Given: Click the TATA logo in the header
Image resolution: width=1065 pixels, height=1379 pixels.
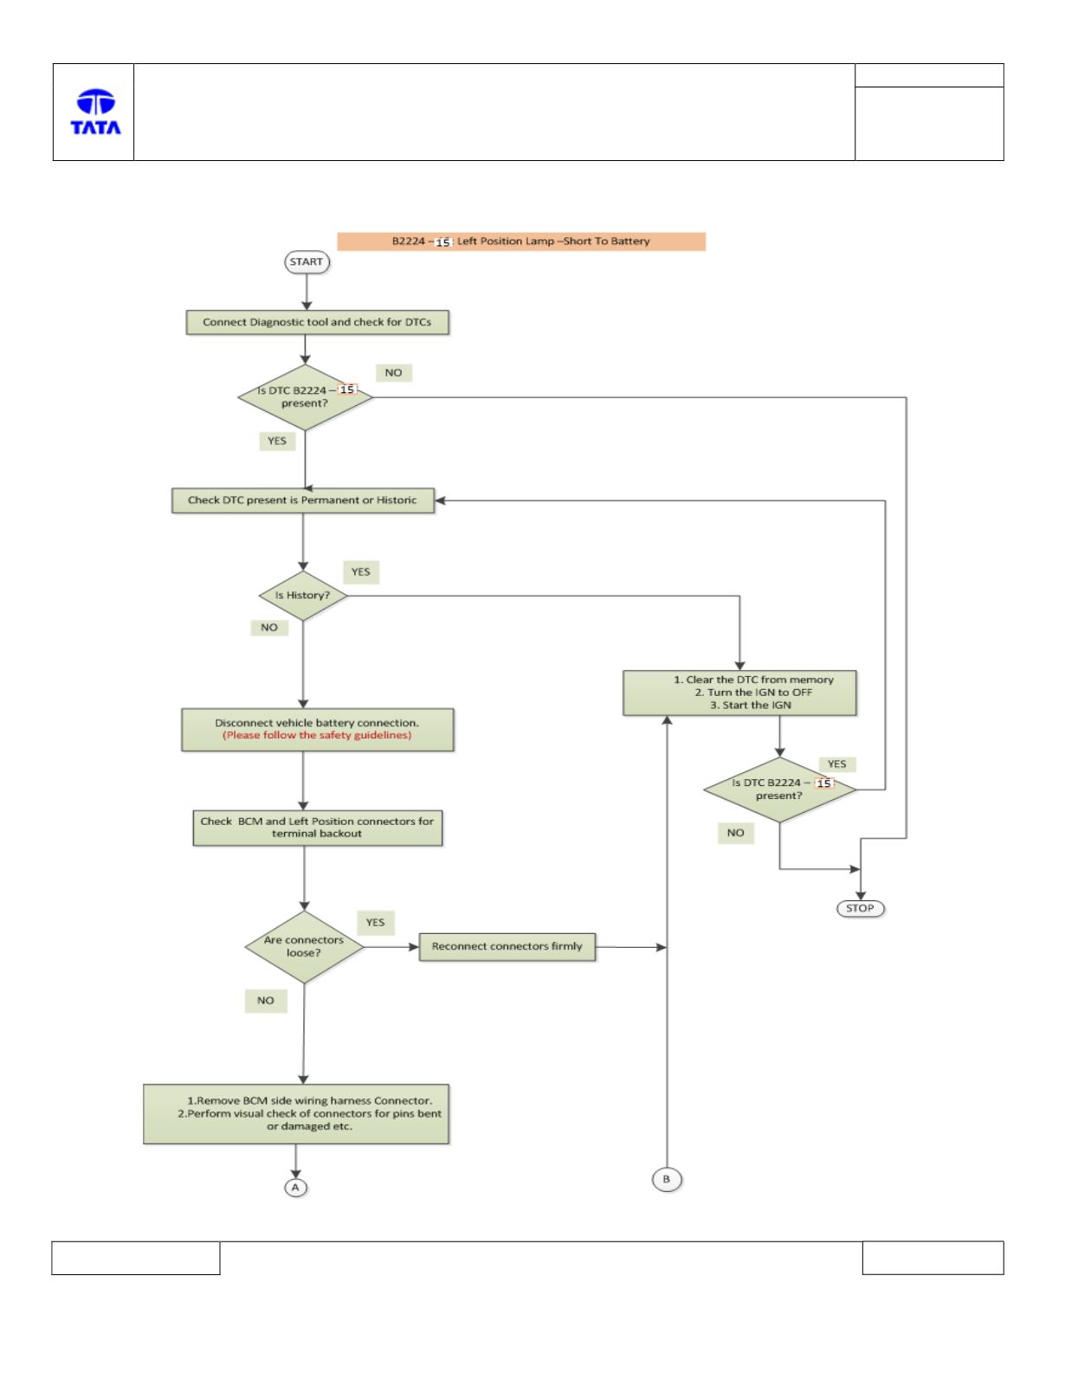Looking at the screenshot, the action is pyautogui.click(x=95, y=112).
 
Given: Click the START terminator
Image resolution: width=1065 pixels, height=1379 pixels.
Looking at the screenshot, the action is pyautogui.click(x=307, y=262).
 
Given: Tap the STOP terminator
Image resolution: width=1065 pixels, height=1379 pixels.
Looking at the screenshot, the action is pyautogui.click(x=860, y=908).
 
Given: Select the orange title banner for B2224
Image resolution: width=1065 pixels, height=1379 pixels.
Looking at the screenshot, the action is pyautogui.click(x=521, y=242).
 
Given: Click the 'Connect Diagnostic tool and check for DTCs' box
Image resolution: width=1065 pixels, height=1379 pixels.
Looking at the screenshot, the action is pyautogui.click(x=318, y=322).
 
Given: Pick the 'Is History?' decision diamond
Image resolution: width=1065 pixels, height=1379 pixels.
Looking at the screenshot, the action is pyautogui.click(x=303, y=596).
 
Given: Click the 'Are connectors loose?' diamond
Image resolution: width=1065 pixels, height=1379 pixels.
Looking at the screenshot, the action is pyautogui.click(x=304, y=947).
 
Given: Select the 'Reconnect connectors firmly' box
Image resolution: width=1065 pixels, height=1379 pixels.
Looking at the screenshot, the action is pyautogui.click(x=507, y=946).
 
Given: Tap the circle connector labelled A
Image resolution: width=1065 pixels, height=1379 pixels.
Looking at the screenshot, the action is pyautogui.click(x=296, y=1188).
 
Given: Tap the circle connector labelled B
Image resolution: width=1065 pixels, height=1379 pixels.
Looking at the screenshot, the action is pyautogui.click(x=667, y=1179).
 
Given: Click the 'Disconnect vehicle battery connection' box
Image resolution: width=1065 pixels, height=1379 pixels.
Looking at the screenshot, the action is pyautogui.click(x=318, y=729).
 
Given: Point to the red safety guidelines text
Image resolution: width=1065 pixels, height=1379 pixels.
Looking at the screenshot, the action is pyautogui.click(x=317, y=736).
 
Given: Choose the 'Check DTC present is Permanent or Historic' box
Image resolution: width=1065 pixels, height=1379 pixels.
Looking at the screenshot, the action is pyautogui.click(x=303, y=500).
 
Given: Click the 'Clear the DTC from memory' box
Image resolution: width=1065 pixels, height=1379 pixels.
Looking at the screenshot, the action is pyautogui.click(x=739, y=693).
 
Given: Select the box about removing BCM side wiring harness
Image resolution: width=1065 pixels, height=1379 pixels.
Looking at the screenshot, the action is pyautogui.click(x=296, y=1114).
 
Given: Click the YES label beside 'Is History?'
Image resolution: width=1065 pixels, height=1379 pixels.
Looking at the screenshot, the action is pyautogui.click(x=361, y=572).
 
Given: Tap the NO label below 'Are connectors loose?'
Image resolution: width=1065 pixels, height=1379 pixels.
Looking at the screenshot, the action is pyautogui.click(x=266, y=1001).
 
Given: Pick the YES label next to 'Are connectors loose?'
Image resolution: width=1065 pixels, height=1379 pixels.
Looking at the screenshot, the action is pyautogui.click(x=376, y=923).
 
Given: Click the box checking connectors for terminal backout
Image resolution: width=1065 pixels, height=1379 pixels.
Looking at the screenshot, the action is pyautogui.click(x=318, y=828).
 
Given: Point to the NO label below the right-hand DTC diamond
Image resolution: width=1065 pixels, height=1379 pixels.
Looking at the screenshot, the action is pyautogui.click(x=736, y=834).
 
